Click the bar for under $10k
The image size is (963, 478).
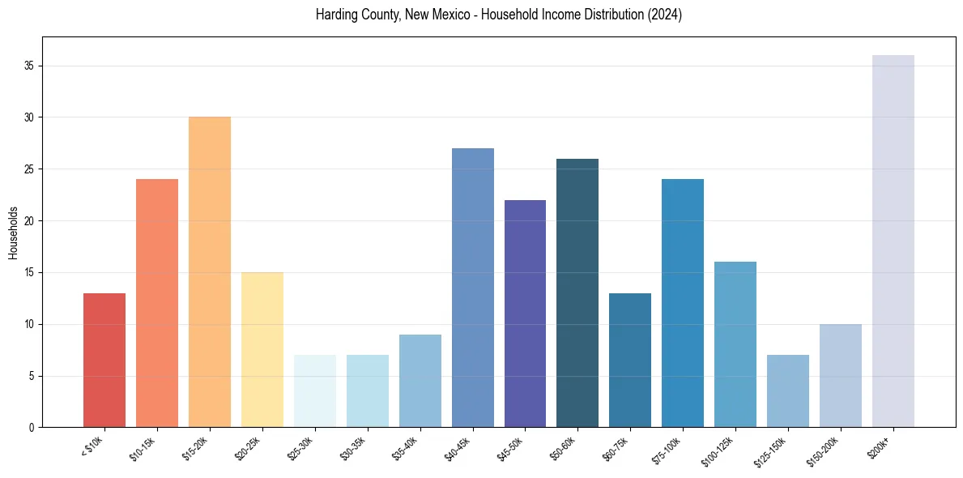pyautogui.click(x=104, y=361)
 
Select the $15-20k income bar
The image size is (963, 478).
pyautogui.click(x=210, y=272)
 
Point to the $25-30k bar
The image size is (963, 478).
pyautogui.click(x=315, y=391)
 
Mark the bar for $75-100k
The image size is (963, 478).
pyautogui.click(x=683, y=303)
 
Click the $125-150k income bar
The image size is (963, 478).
pyautogui.click(x=788, y=391)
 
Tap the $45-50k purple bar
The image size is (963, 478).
pyautogui.click(x=525, y=314)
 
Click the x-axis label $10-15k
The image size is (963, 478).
pyautogui.click(x=143, y=448)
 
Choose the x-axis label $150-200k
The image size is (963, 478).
pyautogui.click(x=824, y=450)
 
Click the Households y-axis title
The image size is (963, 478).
pyautogui.click(x=13, y=232)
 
